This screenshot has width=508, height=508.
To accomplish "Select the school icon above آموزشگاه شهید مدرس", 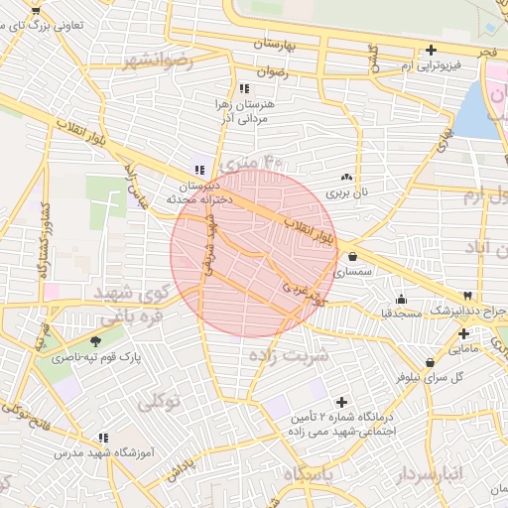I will (102, 436).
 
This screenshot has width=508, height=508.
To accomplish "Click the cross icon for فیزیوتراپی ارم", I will (431, 51).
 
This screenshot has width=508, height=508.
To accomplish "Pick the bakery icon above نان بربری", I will (346, 177).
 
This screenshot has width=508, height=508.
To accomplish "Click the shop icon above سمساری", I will (352, 257).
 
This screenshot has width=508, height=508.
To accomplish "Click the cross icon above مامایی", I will (463, 333).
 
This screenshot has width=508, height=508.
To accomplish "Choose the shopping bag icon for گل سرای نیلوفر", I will (430, 362).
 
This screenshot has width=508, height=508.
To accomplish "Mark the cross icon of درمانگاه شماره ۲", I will (342, 402).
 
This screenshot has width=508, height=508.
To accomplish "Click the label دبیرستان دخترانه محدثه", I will (204, 192).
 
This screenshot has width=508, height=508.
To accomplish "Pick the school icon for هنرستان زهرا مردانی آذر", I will (245, 89).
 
